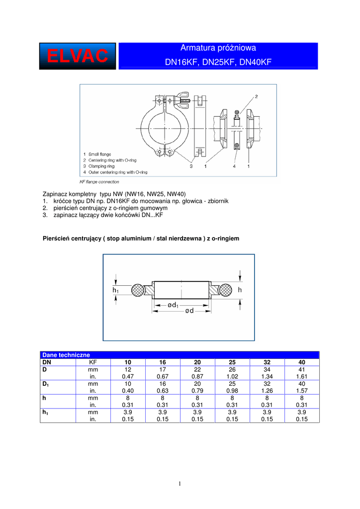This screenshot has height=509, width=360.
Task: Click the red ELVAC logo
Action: click(x=78, y=56)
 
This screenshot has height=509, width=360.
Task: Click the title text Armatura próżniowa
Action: click(x=218, y=48)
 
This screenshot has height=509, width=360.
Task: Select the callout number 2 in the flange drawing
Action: click(x=256, y=96)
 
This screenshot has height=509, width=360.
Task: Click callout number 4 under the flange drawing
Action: click(x=234, y=167)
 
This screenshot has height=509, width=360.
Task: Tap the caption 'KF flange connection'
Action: click(x=99, y=182)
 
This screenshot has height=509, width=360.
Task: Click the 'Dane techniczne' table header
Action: click(x=66, y=355)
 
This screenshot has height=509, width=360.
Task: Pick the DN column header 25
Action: click(x=232, y=362)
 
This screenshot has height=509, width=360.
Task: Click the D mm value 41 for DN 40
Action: click(x=301, y=370)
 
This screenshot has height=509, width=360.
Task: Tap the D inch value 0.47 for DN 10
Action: click(x=128, y=377)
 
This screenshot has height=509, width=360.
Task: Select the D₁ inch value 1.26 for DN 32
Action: click(x=267, y=391)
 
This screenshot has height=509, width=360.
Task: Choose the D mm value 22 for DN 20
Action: click(x=197, y=370)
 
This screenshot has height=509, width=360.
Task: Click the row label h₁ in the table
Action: click(x=46, y=412)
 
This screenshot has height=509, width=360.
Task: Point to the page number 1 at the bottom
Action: click(x=180, y=484)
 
